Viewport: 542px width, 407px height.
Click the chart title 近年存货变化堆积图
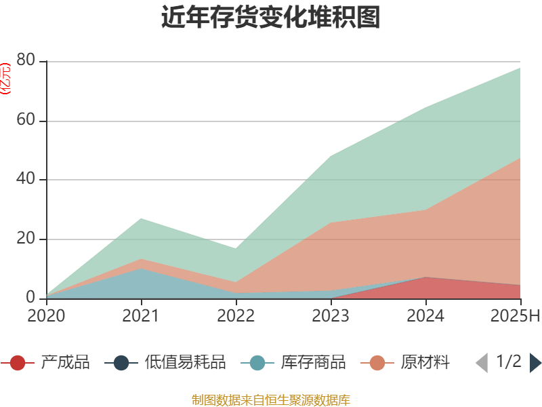coord(271,18)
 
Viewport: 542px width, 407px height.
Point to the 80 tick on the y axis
coord(26,61)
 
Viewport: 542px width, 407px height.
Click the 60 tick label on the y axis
coord(26,121)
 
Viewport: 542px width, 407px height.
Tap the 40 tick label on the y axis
coord(26,180)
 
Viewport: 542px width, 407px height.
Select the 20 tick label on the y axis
coord(26,239)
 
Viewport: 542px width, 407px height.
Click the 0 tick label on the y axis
coord(31,298)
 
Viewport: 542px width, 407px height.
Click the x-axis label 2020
coord(46,316)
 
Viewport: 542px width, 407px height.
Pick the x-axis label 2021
coord(141,316)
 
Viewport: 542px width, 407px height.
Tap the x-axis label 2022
coord(236,316)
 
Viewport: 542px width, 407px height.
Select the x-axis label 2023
coord(331,316)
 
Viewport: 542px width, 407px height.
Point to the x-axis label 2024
coord(425,316)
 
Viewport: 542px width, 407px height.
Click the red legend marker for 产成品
coord(18,363)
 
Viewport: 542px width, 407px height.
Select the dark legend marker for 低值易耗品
coord(121,363)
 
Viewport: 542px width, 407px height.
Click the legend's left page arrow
coord(482,363)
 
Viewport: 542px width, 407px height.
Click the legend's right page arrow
coord(535,363)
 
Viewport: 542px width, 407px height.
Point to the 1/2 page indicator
coord(509,362)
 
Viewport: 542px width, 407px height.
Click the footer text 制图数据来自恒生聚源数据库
coord(271,400)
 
